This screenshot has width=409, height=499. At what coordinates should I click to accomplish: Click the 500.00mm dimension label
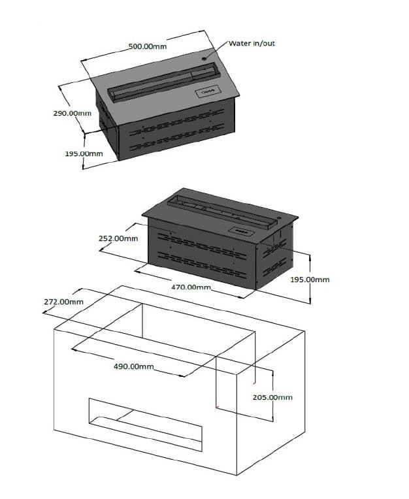[x=148, y=46]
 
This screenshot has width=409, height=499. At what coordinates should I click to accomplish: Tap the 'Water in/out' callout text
[x=252, y=43]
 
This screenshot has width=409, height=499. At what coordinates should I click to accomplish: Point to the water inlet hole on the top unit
[x=203, y=59]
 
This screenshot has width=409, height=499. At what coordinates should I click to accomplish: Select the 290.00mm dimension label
[x=73, y=113]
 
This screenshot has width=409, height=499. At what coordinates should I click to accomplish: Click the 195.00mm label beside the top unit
[x=84, y=153]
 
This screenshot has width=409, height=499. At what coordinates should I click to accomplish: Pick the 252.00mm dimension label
[x=118, y=238]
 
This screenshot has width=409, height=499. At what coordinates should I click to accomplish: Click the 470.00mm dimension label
[x=191, y=287]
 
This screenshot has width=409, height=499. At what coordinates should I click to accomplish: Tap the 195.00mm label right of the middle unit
[x=310, y=280]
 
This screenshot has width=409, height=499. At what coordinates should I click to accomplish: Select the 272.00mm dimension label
[x=63, y=302]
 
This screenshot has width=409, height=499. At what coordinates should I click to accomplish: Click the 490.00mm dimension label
[x=134, y=366]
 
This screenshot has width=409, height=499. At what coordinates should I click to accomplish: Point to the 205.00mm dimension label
[x=272, y=397]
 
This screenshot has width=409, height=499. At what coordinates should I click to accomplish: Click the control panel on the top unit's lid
[x=208, y=91]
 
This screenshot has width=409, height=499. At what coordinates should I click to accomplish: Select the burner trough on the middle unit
[x=221, y=212]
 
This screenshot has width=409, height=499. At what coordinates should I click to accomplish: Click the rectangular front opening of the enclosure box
[x=145, y=425]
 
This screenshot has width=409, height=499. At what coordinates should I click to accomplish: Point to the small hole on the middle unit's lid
[x=279, y=218]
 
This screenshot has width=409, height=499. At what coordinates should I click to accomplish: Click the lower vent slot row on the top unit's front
[x=176, y=138]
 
